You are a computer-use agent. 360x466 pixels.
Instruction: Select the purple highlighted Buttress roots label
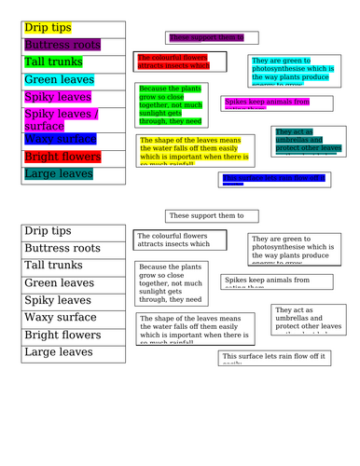pos(62,45)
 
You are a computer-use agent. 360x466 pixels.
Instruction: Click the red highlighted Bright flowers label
pos(62,156)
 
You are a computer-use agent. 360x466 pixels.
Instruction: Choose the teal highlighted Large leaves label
pos(59,173)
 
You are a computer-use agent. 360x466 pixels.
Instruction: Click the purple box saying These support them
pos(206,37)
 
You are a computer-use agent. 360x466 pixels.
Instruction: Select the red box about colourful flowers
pos(180,62)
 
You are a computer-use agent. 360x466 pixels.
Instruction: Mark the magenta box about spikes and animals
pos(266,103)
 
